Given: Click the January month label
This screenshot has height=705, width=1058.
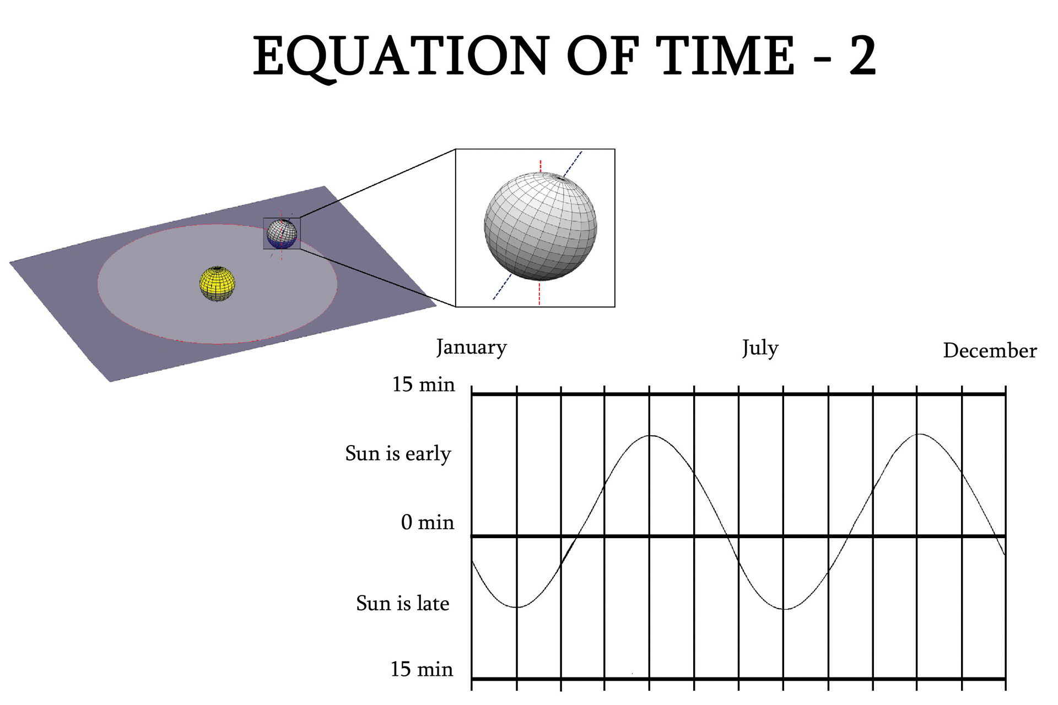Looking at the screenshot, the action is point(471,348).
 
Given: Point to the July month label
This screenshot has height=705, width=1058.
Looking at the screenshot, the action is point(760,348).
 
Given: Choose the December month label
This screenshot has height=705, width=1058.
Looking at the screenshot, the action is point(990,350).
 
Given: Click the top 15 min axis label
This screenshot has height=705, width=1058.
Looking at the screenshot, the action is point(423,384).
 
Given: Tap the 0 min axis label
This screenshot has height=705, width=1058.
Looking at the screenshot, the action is point(428,522).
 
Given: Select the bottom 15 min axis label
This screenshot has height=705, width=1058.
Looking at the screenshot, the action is point(422,669).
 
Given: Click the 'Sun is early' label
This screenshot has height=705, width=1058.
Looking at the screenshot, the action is point(398,454).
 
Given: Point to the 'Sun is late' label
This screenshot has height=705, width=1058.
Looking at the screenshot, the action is point(402,603).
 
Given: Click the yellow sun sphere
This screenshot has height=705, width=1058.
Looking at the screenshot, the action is point(217,284).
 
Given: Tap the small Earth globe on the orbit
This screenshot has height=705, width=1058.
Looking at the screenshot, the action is point(282,235).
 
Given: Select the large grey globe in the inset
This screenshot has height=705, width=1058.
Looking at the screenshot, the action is point(540,226).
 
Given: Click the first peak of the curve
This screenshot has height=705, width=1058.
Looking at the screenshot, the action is point(651,436).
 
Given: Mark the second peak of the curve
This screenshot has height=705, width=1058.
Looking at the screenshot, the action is point(919,435).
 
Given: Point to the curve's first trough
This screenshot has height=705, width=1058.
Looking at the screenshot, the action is point(517,607).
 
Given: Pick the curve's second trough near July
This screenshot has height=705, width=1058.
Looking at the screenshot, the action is point(785,609).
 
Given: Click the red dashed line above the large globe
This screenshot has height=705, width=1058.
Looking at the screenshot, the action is point(541,166).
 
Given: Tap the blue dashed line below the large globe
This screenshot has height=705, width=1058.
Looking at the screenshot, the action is point(503,286).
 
